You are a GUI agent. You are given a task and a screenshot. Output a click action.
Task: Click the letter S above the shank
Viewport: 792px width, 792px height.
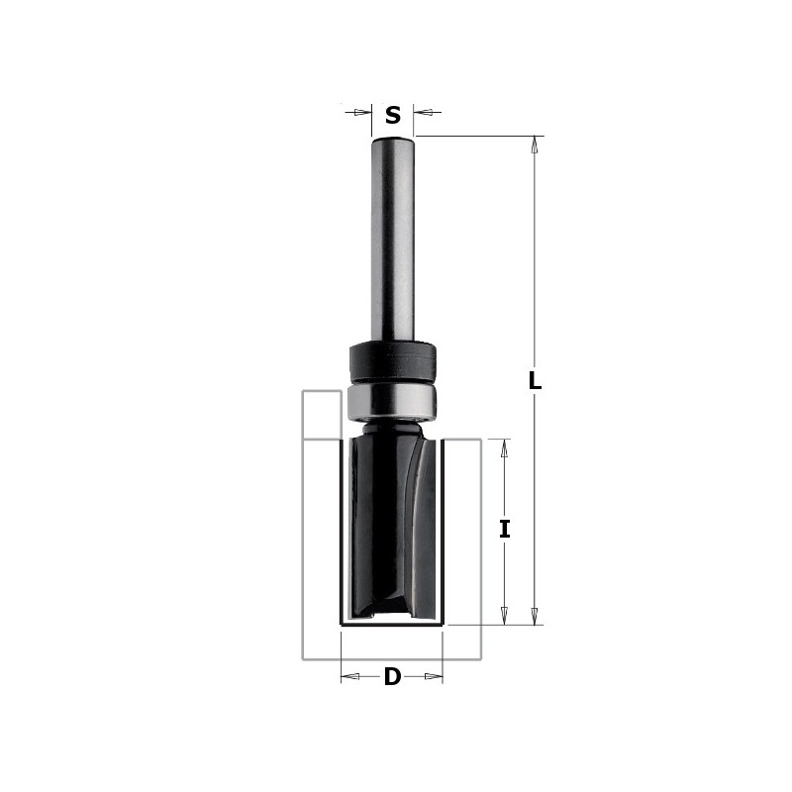(x=392, y=115)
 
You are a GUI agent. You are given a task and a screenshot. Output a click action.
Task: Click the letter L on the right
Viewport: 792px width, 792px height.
(x=535, y=380)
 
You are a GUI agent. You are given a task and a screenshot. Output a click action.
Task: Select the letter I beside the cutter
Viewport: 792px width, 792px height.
(x=504, y=530)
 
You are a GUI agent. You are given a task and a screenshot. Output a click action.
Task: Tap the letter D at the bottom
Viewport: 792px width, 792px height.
(x=392, y=676)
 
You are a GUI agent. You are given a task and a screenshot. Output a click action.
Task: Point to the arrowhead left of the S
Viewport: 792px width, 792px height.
(x=361, y=112)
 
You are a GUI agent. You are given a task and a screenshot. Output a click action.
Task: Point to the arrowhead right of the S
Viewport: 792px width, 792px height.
(x=424, y=112)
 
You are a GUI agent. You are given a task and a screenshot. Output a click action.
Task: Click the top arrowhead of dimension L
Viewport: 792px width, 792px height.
(x=535, y=145)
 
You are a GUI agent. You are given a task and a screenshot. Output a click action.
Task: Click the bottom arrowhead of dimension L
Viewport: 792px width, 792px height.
(x=535, y=616)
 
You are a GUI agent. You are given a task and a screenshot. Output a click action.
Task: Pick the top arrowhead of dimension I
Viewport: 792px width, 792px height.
(x=504, y=448)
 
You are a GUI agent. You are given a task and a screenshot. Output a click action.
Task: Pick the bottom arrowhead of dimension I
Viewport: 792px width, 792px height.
(x=504, y=616)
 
